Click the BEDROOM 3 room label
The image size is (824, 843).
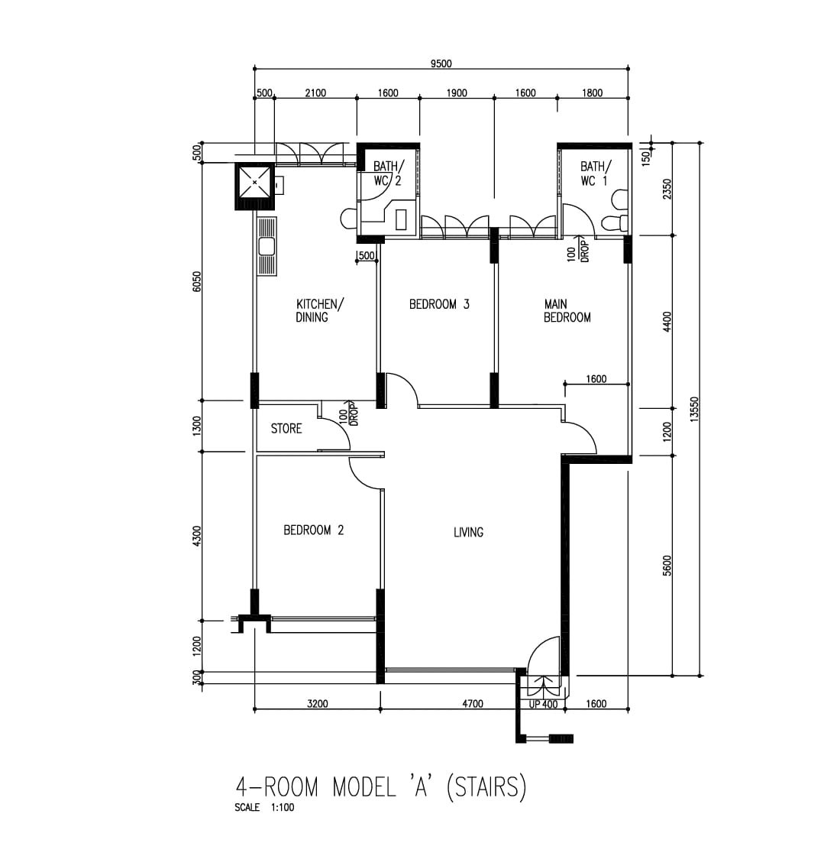[x=439, y=304]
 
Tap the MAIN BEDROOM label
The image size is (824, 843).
[x=567, y=311]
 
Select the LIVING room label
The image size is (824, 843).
[x=468, y=532]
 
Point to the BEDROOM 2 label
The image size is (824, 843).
[x=313, y=530]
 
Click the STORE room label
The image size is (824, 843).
[x=286, y=429]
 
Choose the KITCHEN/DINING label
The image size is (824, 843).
[x=319, y=311]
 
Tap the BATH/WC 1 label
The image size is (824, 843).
[x=595, y=173]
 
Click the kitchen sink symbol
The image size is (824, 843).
[x=267, y=247]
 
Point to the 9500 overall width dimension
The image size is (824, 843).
[x=441, y=63]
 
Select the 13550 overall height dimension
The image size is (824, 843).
[x=694, y=410]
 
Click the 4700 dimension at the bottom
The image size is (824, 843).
[x=473, y=703]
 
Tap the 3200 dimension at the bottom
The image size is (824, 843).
[x=317, y=703]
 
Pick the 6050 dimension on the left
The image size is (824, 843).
[x=196, y=282]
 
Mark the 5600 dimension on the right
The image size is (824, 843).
[x=667, y=565]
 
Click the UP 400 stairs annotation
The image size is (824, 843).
[x=543, y=705]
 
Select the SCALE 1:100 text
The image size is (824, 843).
[x=264, y=808]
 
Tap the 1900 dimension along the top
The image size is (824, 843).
[x=457, y=92]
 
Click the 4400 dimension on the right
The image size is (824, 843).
[x=667, y=322]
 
